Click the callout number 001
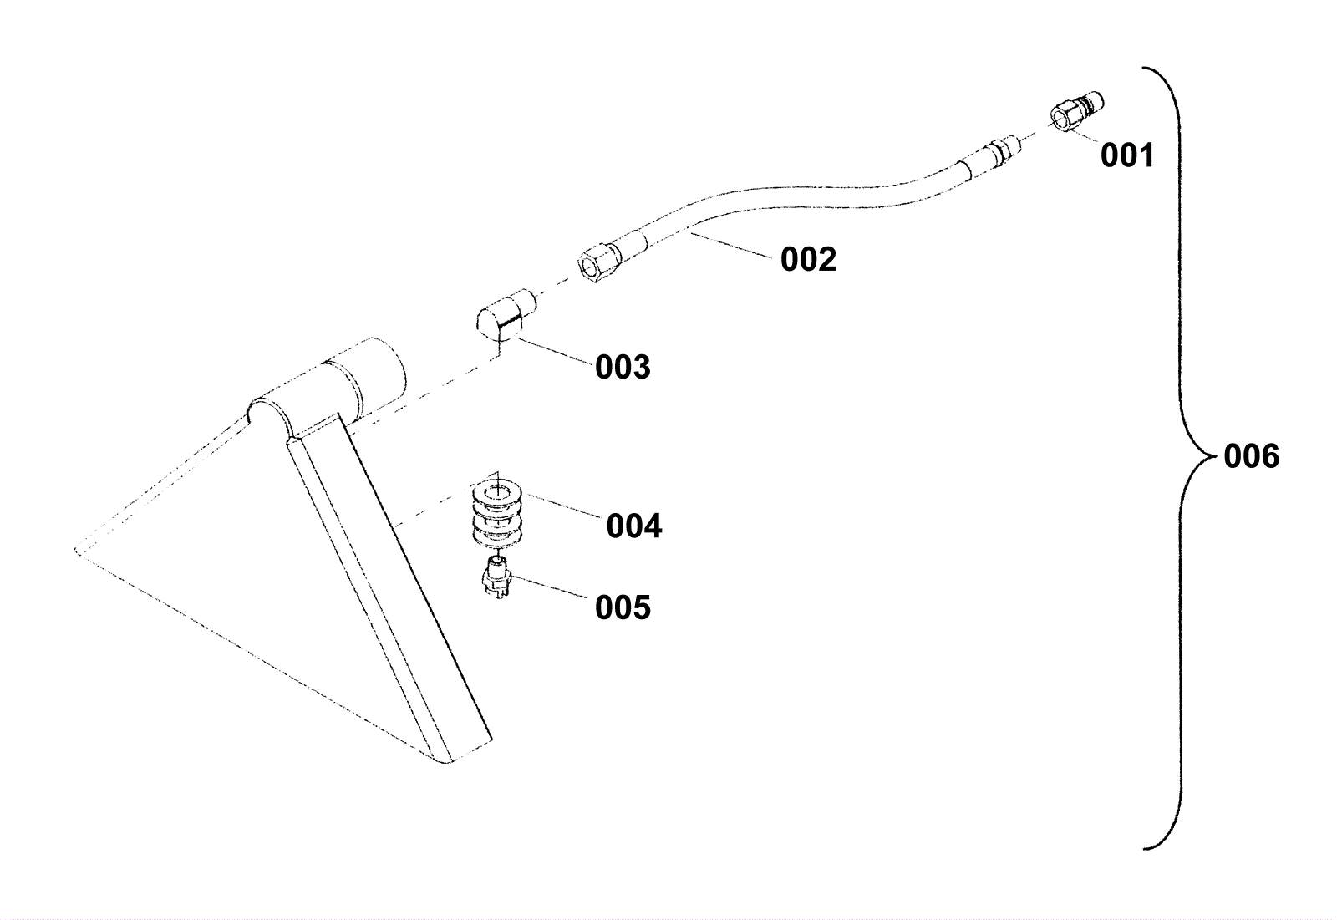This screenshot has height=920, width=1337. pos(1126,155)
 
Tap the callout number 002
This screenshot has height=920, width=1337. pos(808,259)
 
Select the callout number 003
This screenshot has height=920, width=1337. pos(623,367)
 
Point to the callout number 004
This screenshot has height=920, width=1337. pos(634,526)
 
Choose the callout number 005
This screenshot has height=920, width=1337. pos(623,607)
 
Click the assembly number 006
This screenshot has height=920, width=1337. pos(1251,456)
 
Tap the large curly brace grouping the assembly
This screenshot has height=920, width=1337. pos(1180,456)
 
